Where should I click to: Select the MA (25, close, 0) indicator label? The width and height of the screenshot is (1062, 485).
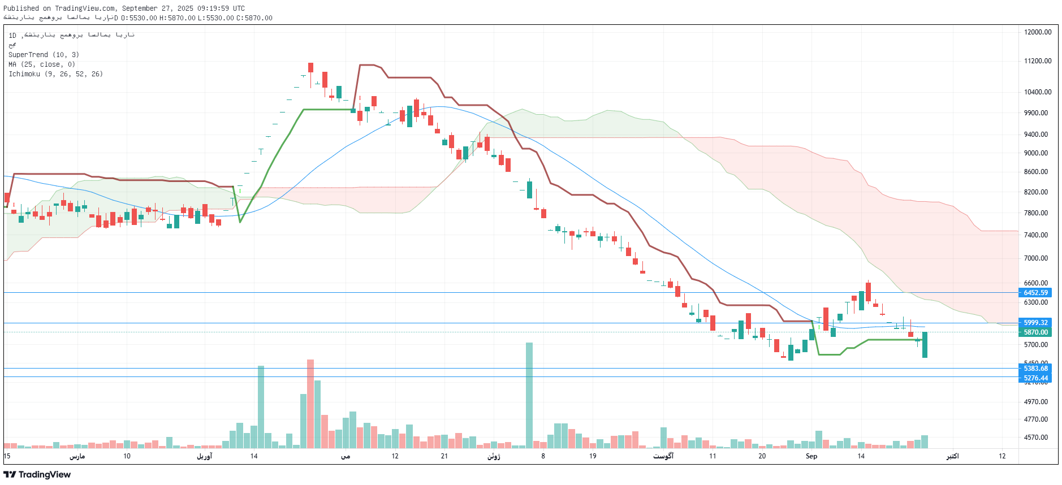[x=41, y=64]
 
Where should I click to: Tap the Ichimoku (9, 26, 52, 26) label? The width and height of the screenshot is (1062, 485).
[x=55, y=74]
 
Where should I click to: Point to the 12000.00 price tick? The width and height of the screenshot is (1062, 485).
[x=1037, y=32]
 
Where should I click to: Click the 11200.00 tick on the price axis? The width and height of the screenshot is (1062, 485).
[x=1037, y=61]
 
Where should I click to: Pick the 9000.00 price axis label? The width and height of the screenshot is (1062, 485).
[x=1035, y=153]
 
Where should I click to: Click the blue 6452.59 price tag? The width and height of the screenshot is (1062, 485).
[x=1035, y=293]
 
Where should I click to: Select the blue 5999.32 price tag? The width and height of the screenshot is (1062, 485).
[x=1035, y=323]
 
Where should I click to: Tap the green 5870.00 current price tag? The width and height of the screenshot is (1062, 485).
[x=1035, y=332]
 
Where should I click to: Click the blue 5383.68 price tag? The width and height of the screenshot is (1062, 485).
[x=1035, y=369]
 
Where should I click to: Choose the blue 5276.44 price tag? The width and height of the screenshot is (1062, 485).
[x=1035, y=378]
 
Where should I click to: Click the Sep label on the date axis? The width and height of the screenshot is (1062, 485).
[x=811, y=456]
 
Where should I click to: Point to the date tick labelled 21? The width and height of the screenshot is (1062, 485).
[x=444, y=456]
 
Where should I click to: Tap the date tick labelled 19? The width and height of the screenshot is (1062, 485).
[x=592, y=456]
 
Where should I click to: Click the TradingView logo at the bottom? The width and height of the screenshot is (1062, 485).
[x=37, y=474]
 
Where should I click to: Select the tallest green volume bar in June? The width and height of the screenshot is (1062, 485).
[x=529, y=395]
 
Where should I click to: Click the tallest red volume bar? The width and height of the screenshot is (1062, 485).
[x=310, y=404]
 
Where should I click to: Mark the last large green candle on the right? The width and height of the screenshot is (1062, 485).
[x=925, y=345]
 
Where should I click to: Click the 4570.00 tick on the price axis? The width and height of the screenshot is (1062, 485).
[x=1035, y=438]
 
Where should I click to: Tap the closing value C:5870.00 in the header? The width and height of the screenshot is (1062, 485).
[x=254, y=18]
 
